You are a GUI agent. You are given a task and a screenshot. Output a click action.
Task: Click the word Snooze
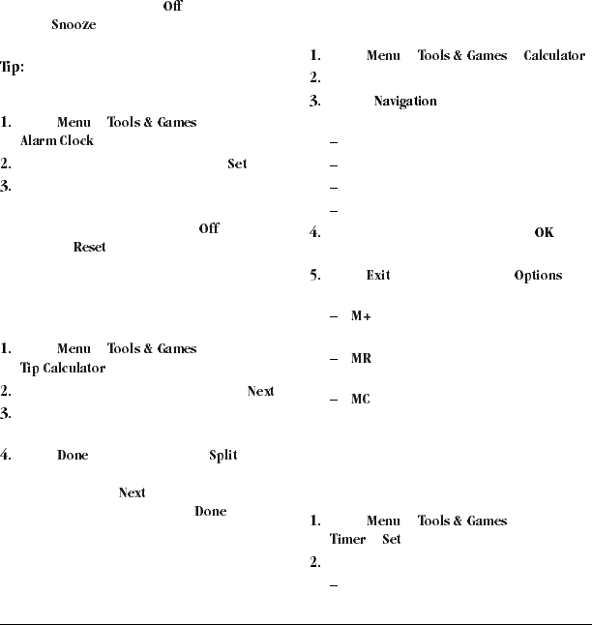pos(74,25)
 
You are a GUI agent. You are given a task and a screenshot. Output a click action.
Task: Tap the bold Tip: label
pos(12,69)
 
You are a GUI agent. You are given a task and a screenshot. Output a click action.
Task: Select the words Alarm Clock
pos(57,141)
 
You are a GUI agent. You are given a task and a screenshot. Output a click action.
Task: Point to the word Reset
pos(89,248)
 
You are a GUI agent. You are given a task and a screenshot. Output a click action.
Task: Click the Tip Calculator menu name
pos(63,369)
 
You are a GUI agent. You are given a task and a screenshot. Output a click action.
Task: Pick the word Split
pos(222,455)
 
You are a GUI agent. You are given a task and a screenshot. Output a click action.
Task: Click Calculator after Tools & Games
pos(554,56)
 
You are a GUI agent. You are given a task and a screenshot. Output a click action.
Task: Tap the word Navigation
pos(405,102)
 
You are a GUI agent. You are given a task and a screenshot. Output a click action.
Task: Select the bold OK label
pos(544,233)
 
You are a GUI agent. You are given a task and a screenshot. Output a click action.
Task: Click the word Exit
pos(378,276)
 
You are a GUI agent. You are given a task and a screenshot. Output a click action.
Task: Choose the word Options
pos(538,276)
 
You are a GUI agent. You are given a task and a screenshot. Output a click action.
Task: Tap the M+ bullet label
pos(361,317)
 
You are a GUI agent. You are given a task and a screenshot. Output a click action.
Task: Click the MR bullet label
pos(361,359)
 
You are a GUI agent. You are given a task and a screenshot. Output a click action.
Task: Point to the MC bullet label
pos(361,400)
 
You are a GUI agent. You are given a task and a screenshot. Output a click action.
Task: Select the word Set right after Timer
pos(391,540)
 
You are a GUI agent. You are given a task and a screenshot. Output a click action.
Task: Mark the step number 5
pos(314,276)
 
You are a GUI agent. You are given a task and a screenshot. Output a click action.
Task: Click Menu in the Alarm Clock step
pos(74,123)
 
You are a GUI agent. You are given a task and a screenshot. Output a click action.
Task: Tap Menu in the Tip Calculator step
pos(74,349)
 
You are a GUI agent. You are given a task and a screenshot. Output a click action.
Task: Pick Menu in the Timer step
pos(383,521)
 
